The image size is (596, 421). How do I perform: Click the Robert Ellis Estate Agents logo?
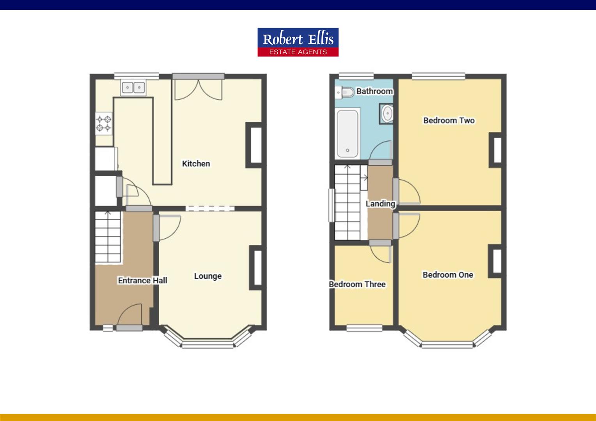point(298,42)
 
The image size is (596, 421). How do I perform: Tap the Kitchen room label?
point(196,164)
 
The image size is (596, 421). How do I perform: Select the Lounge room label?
point(208,276)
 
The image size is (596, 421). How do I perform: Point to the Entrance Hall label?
point(143,280)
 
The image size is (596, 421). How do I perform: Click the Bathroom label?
point(374,91)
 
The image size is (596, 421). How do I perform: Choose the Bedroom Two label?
point(449,120)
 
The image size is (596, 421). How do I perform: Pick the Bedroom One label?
point(448,275)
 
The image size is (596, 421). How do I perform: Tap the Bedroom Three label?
point(357,284)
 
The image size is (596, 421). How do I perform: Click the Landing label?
point(380,204)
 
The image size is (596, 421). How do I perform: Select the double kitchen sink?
point(133,87)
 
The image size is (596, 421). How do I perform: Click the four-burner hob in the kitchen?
point(104,124)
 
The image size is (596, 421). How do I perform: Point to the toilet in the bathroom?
point(345,92)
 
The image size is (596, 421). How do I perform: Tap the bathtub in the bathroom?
point(348,134)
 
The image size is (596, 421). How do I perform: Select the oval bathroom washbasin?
point(387,113)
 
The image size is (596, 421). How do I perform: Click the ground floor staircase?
point(108,237)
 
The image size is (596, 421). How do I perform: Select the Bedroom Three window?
point(364,328)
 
